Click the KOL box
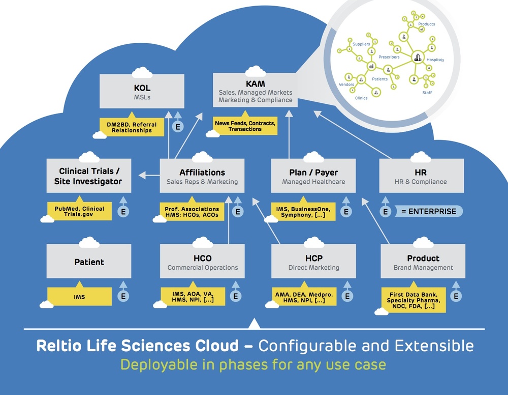142,91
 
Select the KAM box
256,90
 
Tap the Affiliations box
202,176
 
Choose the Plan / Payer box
313,176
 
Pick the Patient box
89,261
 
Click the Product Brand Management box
423,261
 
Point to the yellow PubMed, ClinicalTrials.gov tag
79,211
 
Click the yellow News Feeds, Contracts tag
245,126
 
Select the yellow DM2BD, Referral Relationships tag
132,127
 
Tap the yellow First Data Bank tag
414,300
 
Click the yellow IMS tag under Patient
79,296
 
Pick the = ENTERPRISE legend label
428,211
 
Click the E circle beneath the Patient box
123,296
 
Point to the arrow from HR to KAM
353,134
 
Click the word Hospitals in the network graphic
435,60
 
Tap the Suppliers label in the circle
361,44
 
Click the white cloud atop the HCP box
313,242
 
